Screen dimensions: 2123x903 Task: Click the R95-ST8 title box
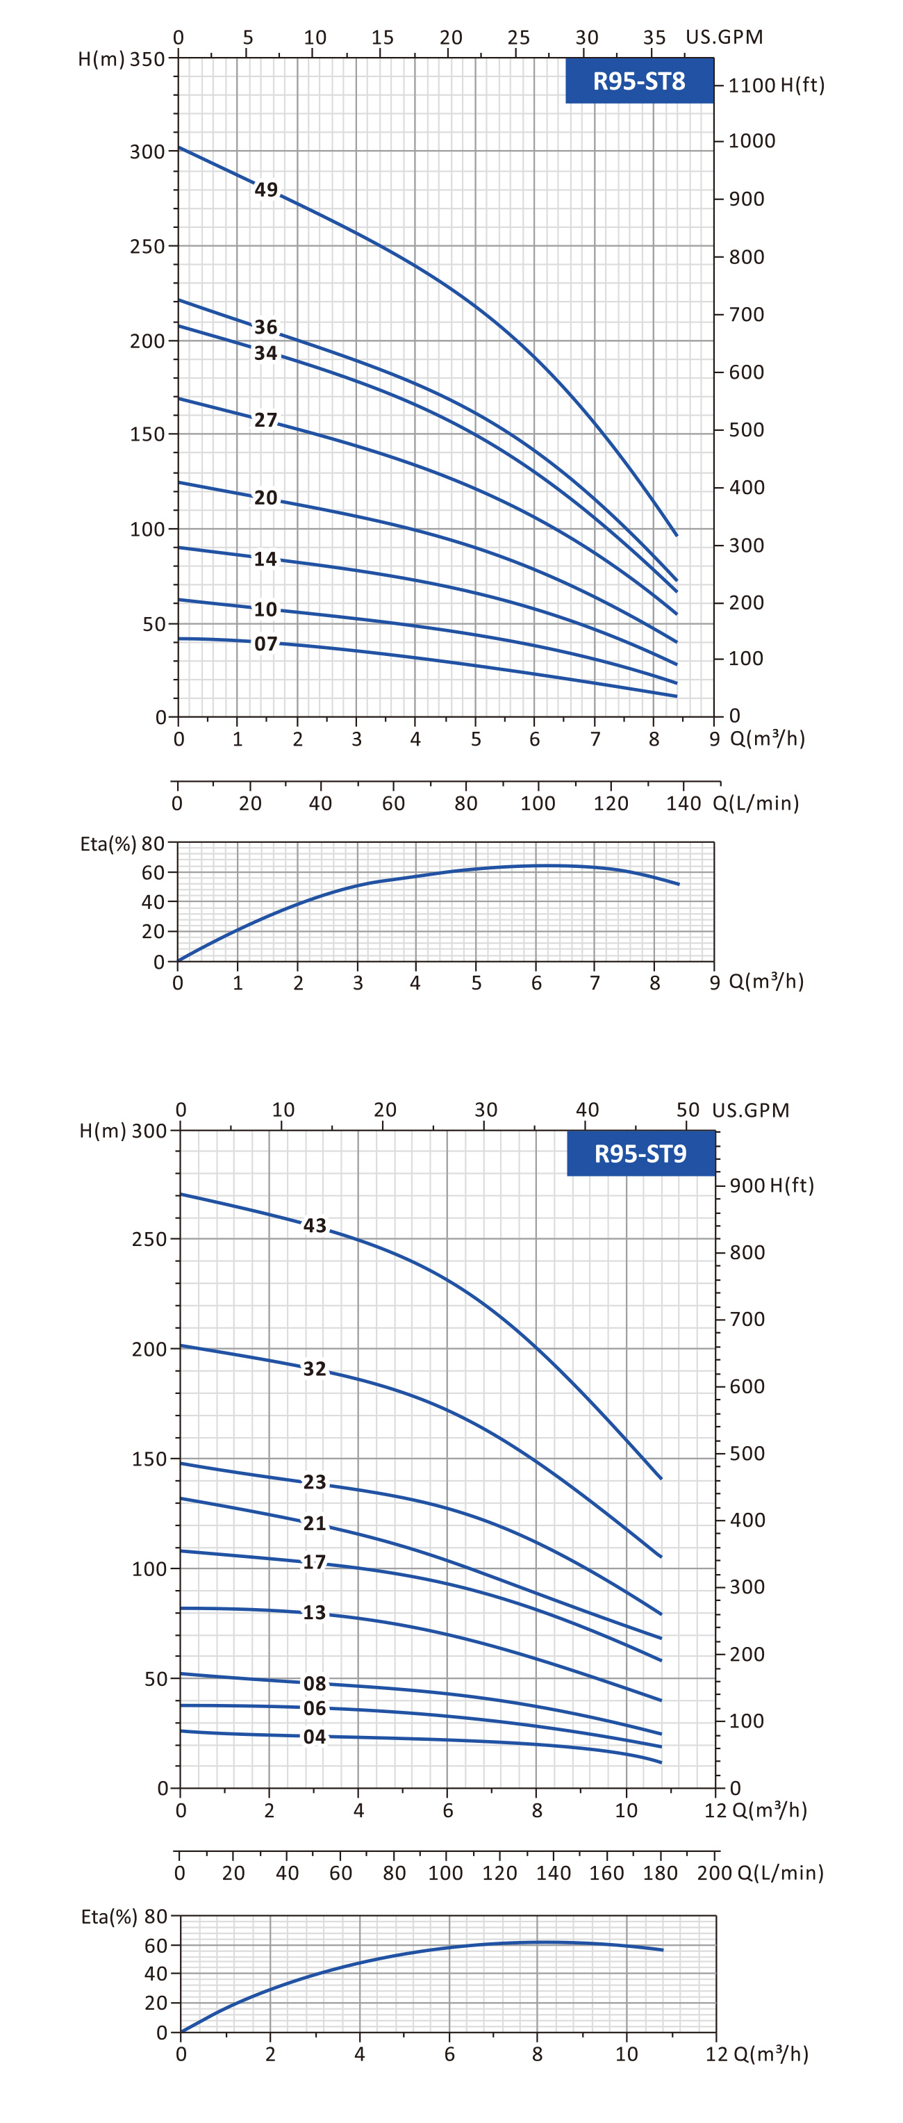(x=638, y=81)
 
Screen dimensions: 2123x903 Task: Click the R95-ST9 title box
(x=640, y=1153)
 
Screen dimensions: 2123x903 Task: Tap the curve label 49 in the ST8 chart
(x=265, y=190)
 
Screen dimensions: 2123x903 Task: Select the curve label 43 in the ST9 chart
(x=314, y=1226)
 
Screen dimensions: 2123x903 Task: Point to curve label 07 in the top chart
(x=265, y=644)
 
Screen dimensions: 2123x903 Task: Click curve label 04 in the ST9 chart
(x=314, y=1737)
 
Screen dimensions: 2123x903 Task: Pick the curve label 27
(x=265, y=420)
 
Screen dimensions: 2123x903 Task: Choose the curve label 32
(x=314, y=1369)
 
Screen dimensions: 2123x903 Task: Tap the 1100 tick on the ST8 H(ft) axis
(x=751, y=85)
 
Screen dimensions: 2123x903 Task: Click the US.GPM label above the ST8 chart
(x=723, y=37)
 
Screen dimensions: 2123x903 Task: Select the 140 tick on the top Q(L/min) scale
(x=683, y=803)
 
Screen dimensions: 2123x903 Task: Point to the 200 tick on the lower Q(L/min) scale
(x=714, y=1872)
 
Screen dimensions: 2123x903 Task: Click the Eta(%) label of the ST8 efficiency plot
(x=107, y=844)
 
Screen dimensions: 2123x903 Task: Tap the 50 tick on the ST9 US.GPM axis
(x=687, y=1109)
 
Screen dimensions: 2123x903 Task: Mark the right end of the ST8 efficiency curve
(x=678, y=883)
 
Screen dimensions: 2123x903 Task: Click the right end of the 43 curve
(x=661, y=1477)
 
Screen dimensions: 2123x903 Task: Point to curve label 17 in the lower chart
(x=314, y=1561)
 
